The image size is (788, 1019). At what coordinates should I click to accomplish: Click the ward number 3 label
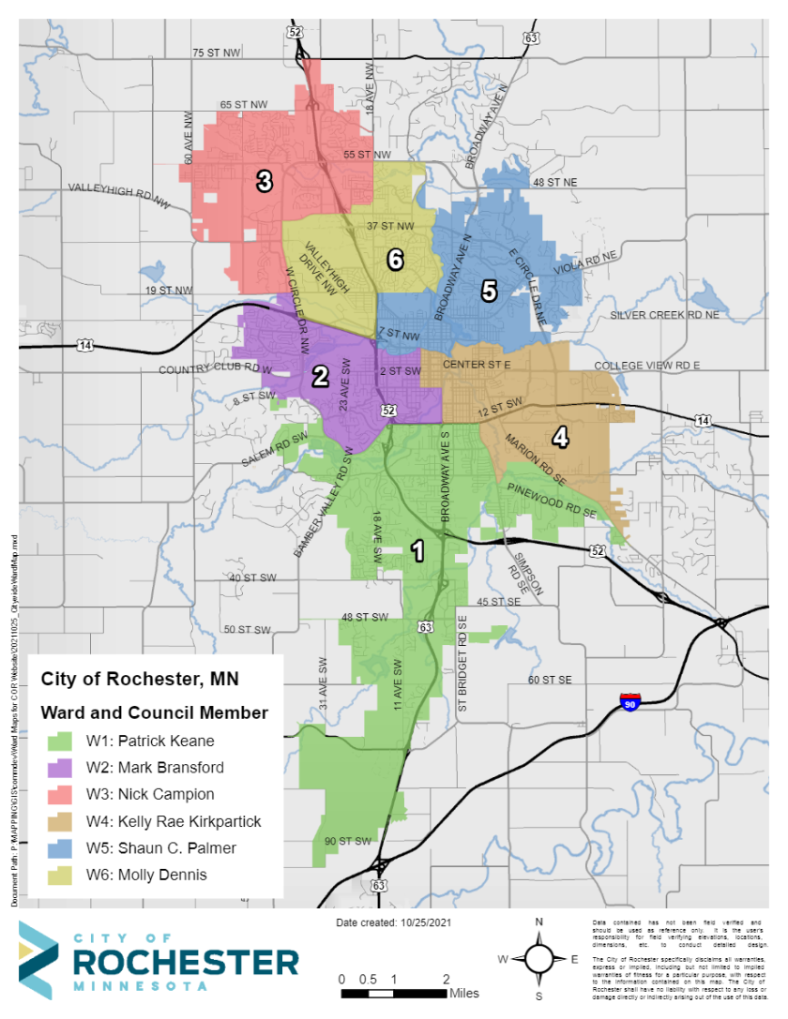(265, 181)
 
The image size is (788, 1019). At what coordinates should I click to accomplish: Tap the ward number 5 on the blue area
(489, 292)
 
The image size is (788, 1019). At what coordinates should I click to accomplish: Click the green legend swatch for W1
(58, 741)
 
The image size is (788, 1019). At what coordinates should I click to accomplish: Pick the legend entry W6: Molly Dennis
(161, 876)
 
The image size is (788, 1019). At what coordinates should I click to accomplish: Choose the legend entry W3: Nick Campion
(165, 794)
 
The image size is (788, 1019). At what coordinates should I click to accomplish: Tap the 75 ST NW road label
(217, 52)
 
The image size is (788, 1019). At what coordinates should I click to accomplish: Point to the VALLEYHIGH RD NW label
(121, 195)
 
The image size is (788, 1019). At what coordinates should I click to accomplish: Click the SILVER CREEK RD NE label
(670, 316)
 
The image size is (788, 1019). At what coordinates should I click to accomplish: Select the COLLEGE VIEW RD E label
(647, 367)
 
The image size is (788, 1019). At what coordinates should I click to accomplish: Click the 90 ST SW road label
(349, 840)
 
